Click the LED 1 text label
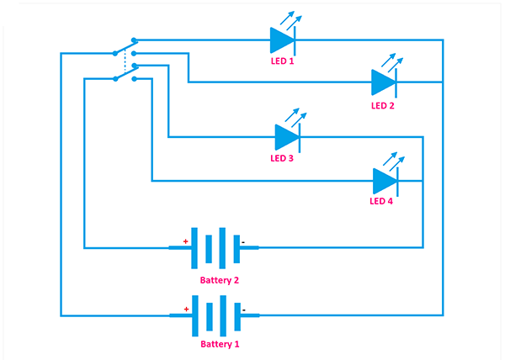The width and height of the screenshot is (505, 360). pyautogui.click(x=281, y=62)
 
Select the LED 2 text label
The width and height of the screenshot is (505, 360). pyautogui.click(x=382, y=106)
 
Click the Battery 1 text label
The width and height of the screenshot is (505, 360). pyautogui.click(x=220, y=345)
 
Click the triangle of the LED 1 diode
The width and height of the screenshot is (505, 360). pyautogui.click(x=280, y=40)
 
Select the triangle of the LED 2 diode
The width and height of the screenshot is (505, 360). pyautogui.click(x=382, y=82)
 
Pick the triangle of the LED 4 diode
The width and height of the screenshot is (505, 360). pyautogui.click(x=384, y=180)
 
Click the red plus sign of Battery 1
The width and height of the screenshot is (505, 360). pyautogui.click(x=185, y=309)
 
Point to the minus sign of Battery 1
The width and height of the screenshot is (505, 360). pyautogui.click(x=243, y=309)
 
